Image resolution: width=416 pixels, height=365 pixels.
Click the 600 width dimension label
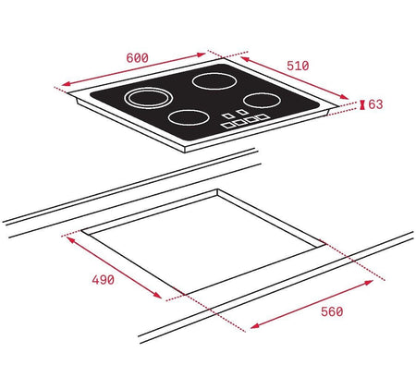click(x=137, y=58)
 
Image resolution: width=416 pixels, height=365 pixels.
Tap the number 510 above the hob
click(x=298, y=66)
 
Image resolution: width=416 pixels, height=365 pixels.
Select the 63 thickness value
click(x=375, y=104)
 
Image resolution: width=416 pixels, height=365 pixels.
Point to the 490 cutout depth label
click(x=103, y=280)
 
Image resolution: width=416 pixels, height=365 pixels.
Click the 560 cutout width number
click(x=332, y=311)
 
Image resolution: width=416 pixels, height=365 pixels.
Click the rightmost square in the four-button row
click(x=263, y=116)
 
